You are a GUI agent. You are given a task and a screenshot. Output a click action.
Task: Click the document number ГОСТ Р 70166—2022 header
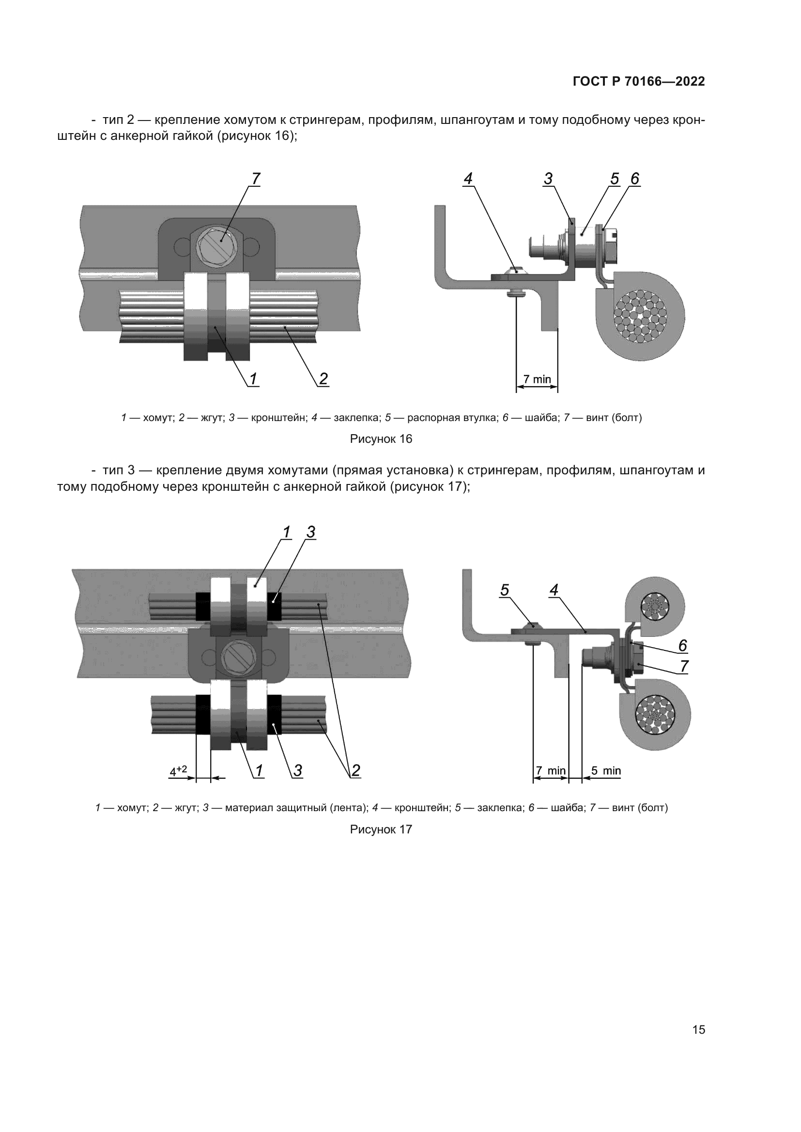(639, 81)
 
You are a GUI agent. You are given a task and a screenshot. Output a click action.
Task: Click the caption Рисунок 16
(381, 439)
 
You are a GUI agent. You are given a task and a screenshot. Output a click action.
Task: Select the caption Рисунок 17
(381, 830)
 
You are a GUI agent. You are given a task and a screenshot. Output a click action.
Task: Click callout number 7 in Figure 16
(256, 179)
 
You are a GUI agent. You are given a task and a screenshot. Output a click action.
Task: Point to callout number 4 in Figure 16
(468, 179)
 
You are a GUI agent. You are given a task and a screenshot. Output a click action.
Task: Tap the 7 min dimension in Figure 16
(537, 379)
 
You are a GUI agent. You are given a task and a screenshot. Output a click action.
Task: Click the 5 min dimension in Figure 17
(606, 770)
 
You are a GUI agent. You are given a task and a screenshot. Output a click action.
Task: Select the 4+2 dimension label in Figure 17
(178, 770)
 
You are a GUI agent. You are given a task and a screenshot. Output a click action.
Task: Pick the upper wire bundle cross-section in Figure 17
(655, 605)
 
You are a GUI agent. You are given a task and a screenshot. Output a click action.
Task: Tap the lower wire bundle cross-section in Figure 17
(655, 714)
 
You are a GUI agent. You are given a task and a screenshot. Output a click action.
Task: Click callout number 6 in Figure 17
(683, 646)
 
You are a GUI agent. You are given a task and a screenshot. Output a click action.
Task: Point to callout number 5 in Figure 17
(505, 590)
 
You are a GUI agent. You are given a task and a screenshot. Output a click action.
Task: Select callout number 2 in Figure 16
(323, 378)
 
